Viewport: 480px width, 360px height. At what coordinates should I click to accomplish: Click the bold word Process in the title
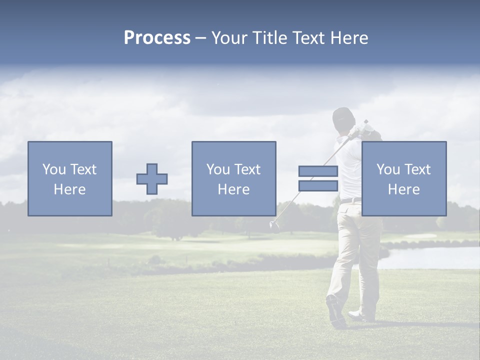point(157,38)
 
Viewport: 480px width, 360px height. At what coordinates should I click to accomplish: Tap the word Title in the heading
point(270,38)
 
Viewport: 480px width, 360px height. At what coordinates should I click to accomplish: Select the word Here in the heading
point(348,38)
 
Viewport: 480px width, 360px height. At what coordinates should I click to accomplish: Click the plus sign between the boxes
point(152,179)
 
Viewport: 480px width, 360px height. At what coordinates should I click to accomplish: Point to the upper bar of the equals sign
point(318,171)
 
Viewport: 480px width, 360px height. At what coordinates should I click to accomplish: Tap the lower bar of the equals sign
point(318,186)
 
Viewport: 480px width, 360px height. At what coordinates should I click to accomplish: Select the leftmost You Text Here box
point(70,178)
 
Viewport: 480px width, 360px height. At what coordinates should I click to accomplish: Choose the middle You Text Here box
point(233,178)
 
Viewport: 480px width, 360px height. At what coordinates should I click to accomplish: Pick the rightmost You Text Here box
point(404,178)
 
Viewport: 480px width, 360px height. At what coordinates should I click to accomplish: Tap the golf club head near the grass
point(273,224)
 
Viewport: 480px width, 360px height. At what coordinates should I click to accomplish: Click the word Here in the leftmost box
point(69,189)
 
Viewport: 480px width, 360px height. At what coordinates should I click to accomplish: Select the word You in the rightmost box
point(388,169)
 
